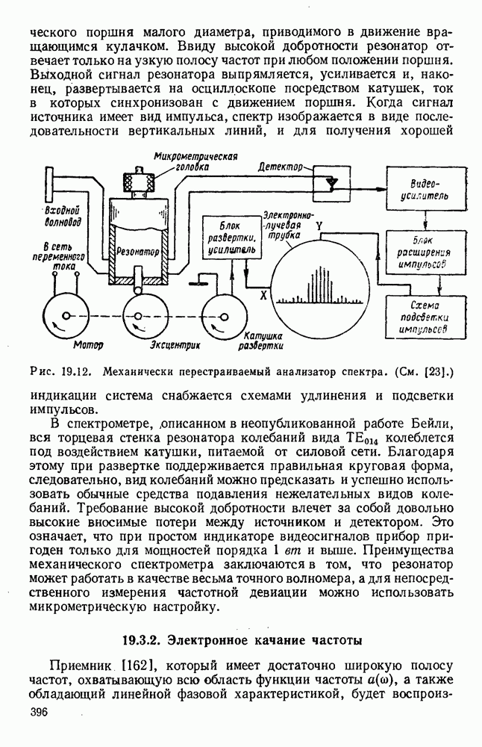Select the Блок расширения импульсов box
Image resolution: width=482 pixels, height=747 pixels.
pyautogui.click(x=422, y=252)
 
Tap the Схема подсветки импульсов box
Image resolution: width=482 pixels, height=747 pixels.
pyautogui.click(x=422, y=316)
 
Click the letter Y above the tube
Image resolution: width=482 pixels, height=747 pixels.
pyautogui.click(x=319, y=223)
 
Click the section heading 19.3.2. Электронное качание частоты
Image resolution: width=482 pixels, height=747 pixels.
pyautogui.click(x=241, y=639)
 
